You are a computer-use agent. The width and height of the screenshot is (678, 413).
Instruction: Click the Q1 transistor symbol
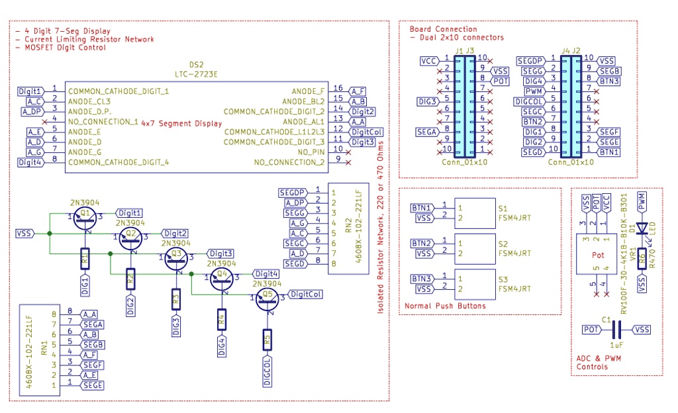[x=85, y=218]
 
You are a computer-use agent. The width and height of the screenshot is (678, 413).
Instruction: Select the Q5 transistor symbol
[x=267, y=299]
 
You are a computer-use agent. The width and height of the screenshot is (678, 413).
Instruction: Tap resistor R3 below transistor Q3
[x=176, y=299]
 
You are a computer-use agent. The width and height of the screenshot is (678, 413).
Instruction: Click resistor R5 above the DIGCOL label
[x=267, y=340]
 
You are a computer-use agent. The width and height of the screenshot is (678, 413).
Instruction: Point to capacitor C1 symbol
[x=617, y=330]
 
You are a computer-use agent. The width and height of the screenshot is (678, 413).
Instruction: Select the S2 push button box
[x=475, y=249]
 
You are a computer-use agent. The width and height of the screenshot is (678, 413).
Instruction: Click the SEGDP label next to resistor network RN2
[x=293, y=193]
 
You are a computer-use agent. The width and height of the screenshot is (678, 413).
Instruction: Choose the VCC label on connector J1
[x=429, y=61]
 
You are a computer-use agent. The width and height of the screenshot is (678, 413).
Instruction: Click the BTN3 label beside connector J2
[x=608, y=81]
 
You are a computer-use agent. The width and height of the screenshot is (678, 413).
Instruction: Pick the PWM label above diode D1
[x=642, y=201]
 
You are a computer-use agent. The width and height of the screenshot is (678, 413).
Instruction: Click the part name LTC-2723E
[x=196, y=74]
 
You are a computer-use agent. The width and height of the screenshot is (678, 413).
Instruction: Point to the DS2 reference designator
[x=196, y=65]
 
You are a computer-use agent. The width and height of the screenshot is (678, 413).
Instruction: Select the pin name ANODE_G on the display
[x=85, y=152]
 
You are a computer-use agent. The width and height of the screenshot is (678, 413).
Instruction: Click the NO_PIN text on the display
[x=311, y=152]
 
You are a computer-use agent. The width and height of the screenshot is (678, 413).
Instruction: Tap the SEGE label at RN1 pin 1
[x=92, y=385]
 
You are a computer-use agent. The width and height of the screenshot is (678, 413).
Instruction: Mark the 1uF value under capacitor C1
[x=616, y=345]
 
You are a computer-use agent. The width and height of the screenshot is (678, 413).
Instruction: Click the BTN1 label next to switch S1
[x=422, y=208]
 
